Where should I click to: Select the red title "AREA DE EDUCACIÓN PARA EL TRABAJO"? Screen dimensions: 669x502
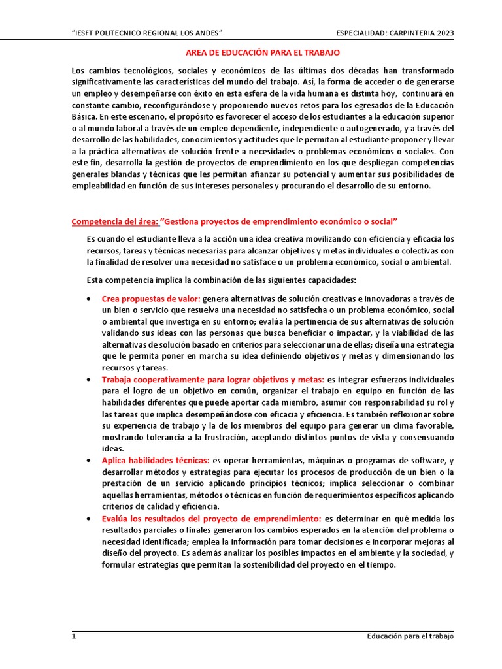tap(259, 52)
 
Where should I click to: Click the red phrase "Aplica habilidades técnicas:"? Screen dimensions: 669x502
tap(156, 460)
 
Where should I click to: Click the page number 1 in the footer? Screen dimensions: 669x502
tap(74, 636)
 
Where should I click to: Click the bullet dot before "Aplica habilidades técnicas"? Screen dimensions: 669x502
tap(88, 461)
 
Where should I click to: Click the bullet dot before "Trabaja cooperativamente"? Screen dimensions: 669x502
tap(88, 380)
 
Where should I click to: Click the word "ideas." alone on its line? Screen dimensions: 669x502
tap(112, 448)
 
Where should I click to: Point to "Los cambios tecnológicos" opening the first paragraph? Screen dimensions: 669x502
tap(116, 70)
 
